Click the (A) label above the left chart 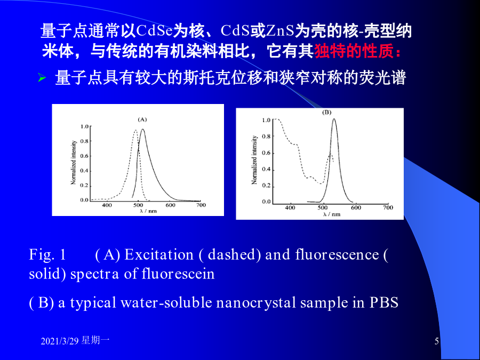tap(142, 119)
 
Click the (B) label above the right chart tap(326, 113)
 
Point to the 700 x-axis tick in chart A tap(201, 205)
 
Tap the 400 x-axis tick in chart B tap(290, 207)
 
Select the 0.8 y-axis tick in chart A tap(84, 141)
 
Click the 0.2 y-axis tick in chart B tap(267, 186)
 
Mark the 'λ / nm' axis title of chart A tap(148, 211)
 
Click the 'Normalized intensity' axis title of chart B tap(254, 160)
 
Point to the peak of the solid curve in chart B tap(334, 119)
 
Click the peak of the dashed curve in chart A tap(135, 131)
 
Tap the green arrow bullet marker tap(42, 78)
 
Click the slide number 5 tap(436, 341)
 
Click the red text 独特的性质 tap(354, 51)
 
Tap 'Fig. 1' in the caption tap(47, 255)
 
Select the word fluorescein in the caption tap(178, 274)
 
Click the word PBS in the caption tap(384, 302)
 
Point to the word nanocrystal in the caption tap(256, 303)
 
